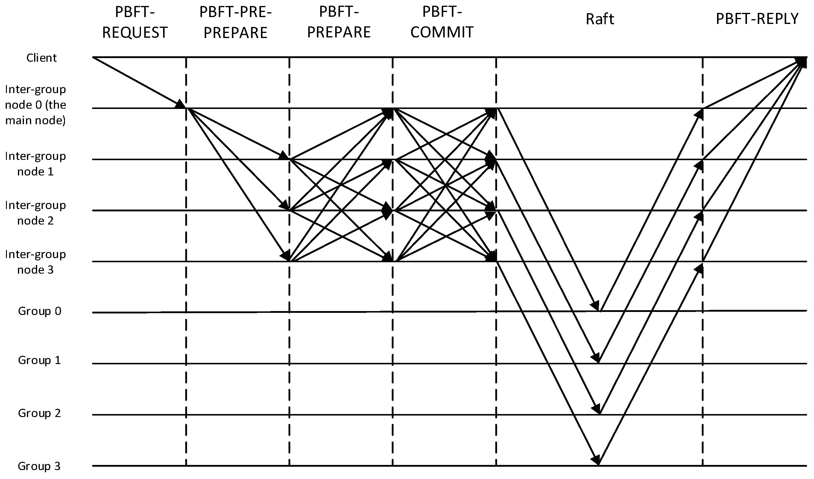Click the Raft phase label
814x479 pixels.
599,19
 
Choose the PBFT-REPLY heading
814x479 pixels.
757,19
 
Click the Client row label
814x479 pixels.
41,58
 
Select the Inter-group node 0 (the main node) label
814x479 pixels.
36,105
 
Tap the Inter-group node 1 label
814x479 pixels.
36,163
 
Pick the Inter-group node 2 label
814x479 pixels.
36,213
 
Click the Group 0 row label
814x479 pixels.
40,311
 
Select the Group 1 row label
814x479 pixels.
40,360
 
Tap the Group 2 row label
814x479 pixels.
40,413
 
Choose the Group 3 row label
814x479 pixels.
39,466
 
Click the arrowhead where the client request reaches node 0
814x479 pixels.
181,104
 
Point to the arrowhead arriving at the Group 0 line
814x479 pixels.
595,306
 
